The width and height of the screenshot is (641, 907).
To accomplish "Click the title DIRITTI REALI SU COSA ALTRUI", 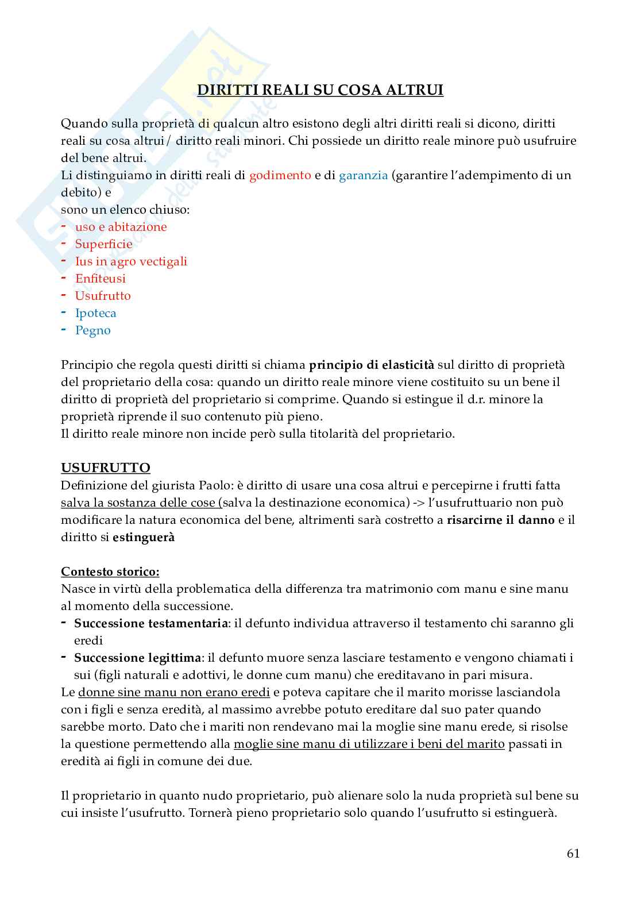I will (320, 90).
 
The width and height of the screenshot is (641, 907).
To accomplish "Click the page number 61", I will (573, 854).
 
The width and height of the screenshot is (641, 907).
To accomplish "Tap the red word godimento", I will (280, 175).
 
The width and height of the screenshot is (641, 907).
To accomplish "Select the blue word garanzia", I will (363, 175).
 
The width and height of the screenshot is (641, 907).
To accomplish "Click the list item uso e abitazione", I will (121, 227).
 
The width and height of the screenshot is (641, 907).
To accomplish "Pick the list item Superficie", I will (103, 244).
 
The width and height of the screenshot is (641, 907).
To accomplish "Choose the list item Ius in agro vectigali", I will (131, 261).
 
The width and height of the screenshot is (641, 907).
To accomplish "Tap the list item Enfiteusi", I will (100, 279).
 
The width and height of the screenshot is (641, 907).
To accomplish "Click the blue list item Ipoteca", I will (95, 313).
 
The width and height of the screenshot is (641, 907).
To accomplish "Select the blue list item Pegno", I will (92, 330).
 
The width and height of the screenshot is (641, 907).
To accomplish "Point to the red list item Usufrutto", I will (103, 296).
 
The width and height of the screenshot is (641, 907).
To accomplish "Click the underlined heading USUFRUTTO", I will (106, 468).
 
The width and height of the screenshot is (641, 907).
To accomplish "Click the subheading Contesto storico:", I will (110, 572).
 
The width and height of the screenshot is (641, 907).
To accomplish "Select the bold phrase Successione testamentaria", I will (150, 623).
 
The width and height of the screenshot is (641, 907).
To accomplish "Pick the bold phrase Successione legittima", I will (137, 658).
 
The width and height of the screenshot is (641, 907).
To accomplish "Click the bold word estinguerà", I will (144, 537).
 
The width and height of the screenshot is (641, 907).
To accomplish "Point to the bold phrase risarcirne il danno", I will (500, 520).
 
